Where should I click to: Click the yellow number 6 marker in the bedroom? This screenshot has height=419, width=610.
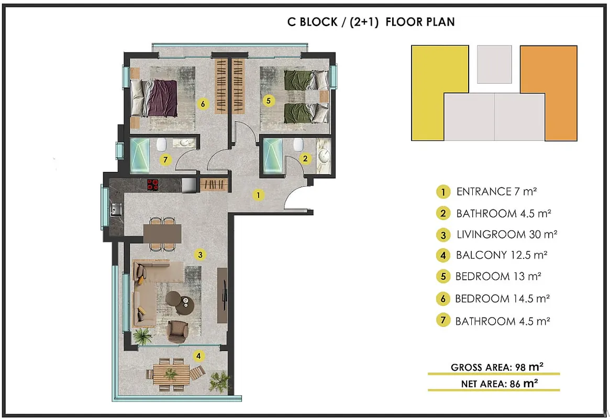coord(203,104)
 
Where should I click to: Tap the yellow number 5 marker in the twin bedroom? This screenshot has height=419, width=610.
coord(268,101)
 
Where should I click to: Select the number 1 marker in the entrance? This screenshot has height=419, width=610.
coord(258,195)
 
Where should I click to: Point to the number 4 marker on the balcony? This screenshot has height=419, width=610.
coord(198,356)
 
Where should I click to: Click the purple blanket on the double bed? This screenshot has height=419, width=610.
coord(163,98)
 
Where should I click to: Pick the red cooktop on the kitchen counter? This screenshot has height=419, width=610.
coord(153,185)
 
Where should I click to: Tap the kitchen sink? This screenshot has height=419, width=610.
coord(116,210)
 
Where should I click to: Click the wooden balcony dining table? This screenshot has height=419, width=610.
coord(171,374)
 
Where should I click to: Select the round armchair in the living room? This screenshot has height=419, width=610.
coord(178,332)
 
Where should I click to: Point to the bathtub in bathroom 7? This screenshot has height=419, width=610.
coord(140,156)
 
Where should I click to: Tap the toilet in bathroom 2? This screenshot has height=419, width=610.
coord(298,145)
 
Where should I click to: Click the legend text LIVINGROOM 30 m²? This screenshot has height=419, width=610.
coord(507,235)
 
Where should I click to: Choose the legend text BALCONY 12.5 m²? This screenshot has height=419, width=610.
coord(502,255)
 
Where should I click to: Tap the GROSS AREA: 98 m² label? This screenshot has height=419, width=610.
coord(497,367)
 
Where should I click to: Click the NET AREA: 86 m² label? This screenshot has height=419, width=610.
coord(500,384)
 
